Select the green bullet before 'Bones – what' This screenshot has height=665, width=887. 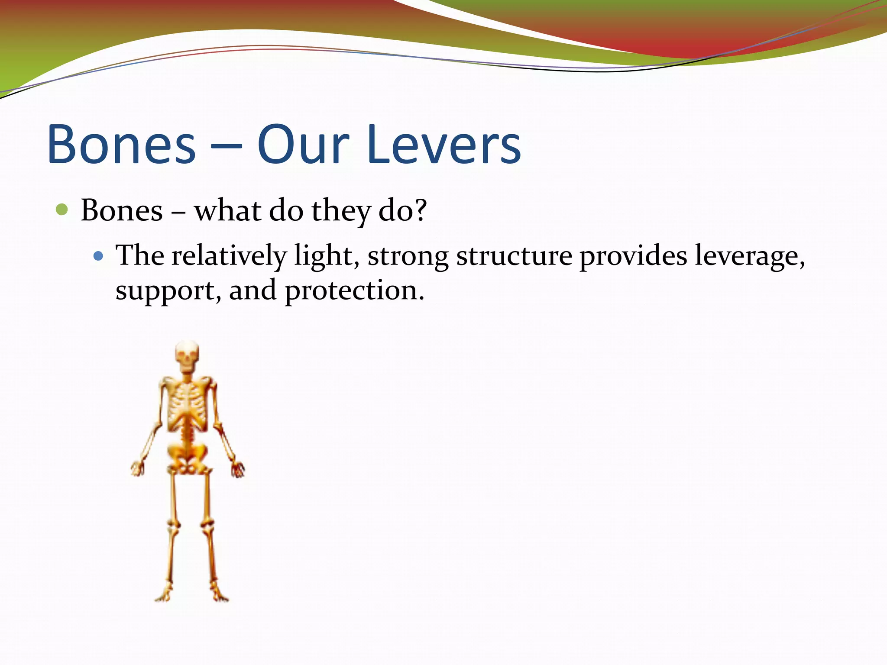(62, 210)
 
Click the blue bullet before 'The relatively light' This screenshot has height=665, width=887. (98, 256)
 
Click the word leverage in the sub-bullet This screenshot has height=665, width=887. (749, 256)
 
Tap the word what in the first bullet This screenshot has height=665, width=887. (227, 210)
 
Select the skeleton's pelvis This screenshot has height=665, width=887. (187, 457)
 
